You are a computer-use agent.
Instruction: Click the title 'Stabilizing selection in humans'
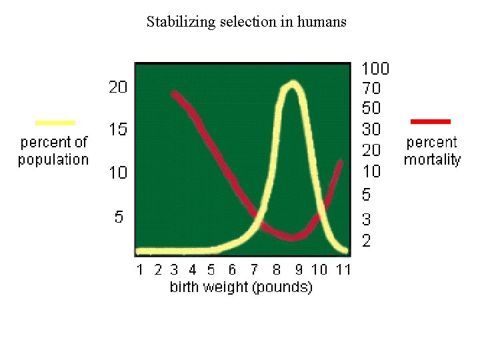click(247, 21)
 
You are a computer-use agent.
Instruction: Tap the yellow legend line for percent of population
click(55, 122)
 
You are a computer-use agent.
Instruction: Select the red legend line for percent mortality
click(431, 121)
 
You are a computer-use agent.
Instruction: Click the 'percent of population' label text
click(53, 151)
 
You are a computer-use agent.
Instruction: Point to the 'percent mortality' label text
click(432, 151)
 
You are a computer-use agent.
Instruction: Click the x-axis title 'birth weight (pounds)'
click(241, 287)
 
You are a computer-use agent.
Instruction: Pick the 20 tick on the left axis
click(118, 87)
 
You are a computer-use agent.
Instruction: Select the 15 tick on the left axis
click(118, 129)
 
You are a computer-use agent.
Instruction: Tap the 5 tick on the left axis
click(119, 217)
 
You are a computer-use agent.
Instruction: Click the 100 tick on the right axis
click(375, 68)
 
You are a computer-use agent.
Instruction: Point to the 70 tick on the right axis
click(371, 87)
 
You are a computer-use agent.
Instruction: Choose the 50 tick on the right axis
click(371, 107)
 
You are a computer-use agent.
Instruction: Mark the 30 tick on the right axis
click(371, 129)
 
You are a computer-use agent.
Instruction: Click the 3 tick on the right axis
click(367, 219)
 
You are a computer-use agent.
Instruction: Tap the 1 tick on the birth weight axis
click(140, 270)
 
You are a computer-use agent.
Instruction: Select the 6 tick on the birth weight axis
click(232, 270)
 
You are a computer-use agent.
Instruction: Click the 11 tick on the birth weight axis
click(343, 270)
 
